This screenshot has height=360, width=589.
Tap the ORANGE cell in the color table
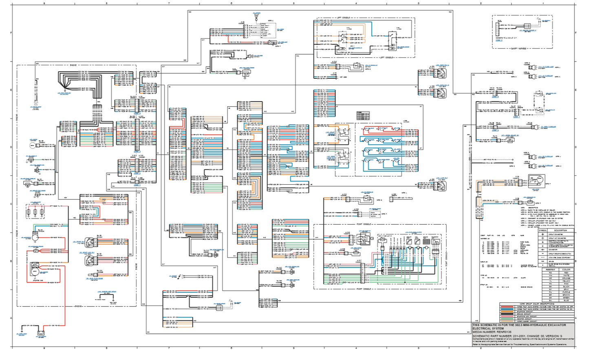[566, 278]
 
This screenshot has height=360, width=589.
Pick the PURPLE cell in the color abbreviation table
[566, 292]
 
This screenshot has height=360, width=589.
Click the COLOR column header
[566, 270]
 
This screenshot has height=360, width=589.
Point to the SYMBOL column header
[542, 230]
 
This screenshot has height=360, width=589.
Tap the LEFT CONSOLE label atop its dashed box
[343, 18]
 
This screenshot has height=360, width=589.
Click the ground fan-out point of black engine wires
[64, 89]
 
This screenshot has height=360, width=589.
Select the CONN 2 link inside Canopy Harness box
[499, 40]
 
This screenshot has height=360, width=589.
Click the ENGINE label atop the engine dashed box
[73, 65]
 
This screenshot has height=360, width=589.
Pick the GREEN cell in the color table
[566, 298]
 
